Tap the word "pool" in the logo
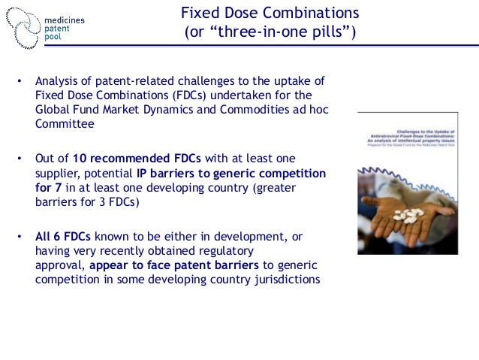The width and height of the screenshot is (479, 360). point(54,36)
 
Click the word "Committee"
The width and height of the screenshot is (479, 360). point(65,124)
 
